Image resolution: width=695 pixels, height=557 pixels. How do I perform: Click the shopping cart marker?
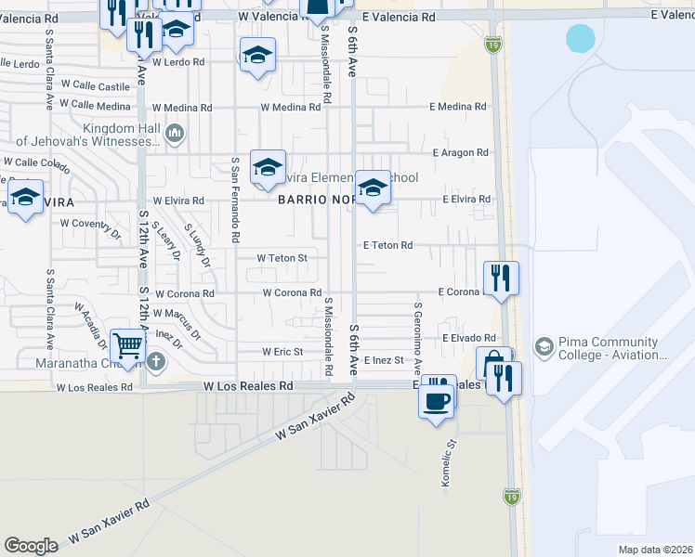127,348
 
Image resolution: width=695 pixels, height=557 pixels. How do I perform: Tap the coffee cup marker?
435,402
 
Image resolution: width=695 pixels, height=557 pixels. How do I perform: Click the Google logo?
31,546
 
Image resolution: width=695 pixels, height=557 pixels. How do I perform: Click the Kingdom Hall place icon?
174,136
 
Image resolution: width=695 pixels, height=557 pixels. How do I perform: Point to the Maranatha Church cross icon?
157,361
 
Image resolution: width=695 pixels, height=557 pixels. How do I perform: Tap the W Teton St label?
282,257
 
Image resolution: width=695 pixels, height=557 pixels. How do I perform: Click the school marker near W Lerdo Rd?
257,56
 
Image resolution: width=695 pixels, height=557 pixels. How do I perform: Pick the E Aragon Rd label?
460,152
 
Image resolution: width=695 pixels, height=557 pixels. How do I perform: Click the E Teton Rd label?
387,245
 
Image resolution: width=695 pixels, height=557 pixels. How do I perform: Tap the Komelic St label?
446,464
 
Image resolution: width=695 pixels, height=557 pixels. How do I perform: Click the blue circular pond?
581,39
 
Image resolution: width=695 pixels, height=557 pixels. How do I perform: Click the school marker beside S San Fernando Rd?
268,167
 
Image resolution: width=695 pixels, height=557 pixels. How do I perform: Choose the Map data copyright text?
655,550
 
